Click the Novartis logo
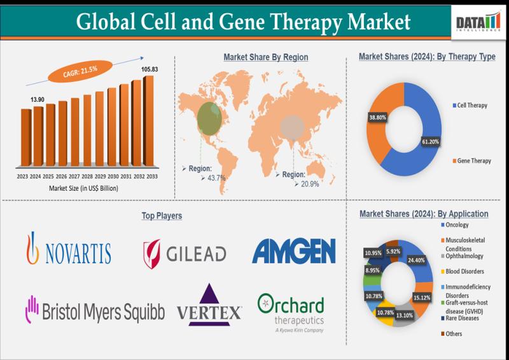(69, 249)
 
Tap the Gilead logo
(185, 253)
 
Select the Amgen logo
(293, 251)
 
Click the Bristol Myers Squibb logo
(94, 310)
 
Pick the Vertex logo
(209, 305)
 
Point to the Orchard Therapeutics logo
(291, 312)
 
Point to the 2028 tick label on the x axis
(87, 176)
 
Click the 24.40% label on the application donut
(417, 260)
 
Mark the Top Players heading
(162, 216)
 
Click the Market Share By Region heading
(265, 57)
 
